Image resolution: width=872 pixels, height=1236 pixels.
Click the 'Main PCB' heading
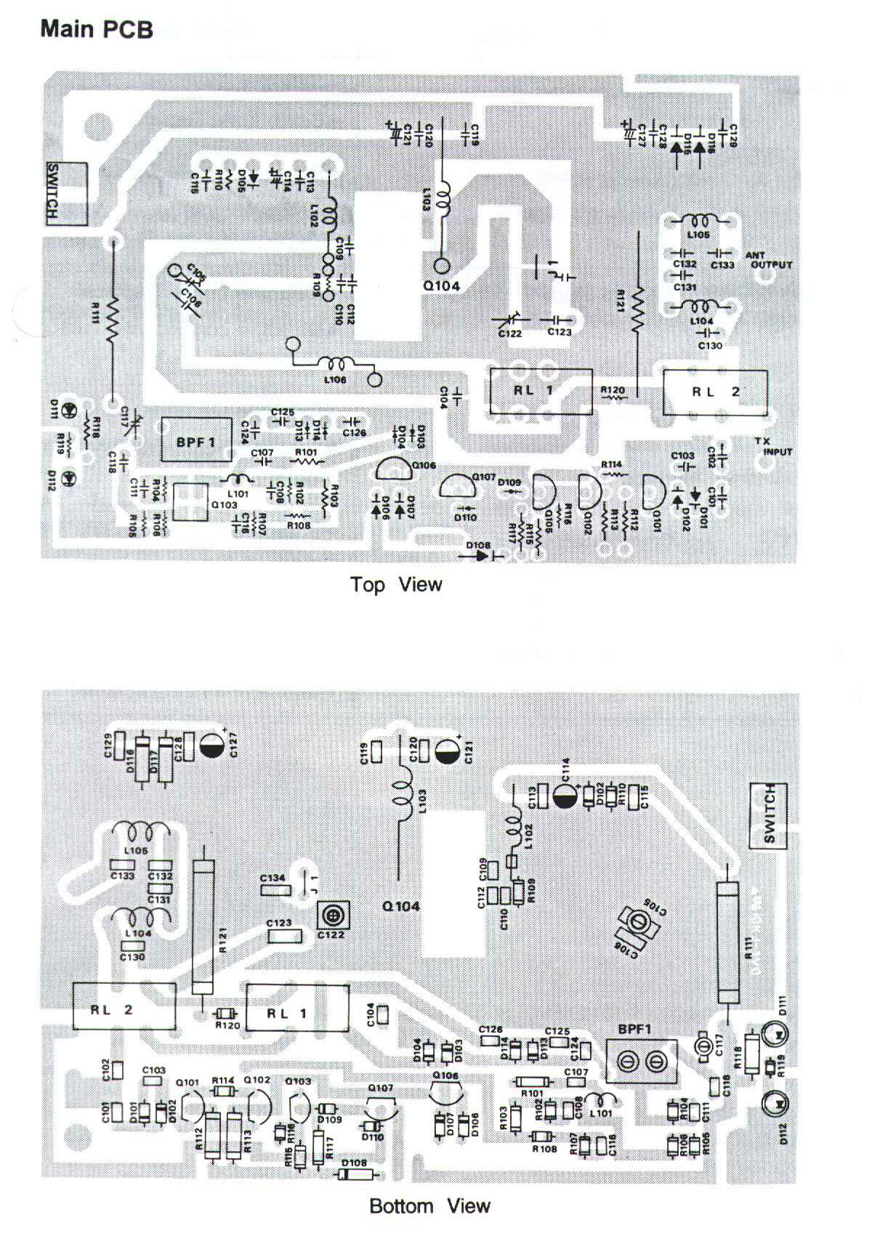96,29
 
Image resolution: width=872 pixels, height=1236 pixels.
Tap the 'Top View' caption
395,584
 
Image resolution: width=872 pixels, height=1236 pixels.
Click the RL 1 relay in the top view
540,392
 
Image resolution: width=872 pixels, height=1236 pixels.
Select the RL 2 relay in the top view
714,392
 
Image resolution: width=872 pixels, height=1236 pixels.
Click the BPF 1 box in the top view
196,441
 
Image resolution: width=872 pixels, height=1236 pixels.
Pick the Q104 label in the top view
442,286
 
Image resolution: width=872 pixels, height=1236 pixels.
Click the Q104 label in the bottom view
401,906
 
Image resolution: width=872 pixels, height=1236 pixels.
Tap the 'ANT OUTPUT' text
768,260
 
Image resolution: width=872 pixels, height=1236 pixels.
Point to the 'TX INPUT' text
772,446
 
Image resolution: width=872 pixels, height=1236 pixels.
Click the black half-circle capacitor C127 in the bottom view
212,745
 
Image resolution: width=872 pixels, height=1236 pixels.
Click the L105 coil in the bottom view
141,833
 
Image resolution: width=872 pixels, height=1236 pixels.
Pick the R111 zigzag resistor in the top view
113,320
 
